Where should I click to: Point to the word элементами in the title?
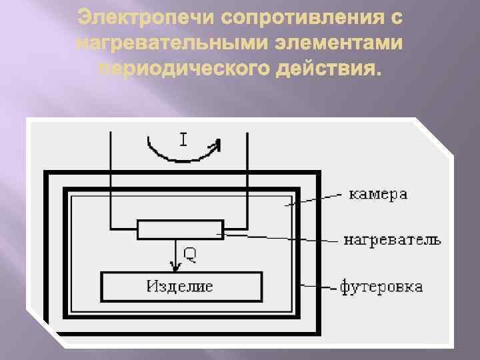coord(336,43)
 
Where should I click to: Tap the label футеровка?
coord(381,287)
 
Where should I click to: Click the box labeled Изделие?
coord(181,287)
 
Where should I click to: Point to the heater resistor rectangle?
coord(180,229)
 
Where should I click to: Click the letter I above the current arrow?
coord(183,139)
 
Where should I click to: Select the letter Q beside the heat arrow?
coord(190,253)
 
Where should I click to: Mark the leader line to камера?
coord(313,199)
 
